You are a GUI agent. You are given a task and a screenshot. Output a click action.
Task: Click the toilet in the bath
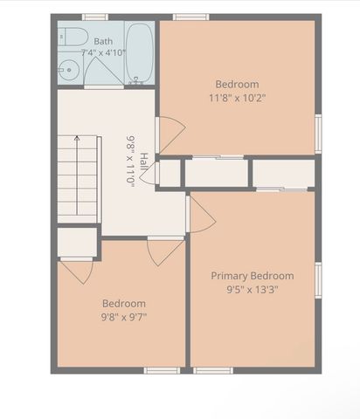click(73, 37)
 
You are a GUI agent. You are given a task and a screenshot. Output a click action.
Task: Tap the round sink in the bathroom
click(69, 70)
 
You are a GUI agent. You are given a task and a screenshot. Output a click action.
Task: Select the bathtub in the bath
click(140, 54)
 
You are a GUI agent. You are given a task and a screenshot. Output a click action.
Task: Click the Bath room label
click(103, 41)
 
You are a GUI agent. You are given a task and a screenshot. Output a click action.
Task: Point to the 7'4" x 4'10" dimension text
click(103, 53)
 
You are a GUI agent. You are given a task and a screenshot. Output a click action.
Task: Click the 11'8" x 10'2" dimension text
click(238, 98)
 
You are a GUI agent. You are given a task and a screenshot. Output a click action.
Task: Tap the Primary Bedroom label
click(253, 276)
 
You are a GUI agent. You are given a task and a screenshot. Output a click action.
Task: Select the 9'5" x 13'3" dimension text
click(253, 290)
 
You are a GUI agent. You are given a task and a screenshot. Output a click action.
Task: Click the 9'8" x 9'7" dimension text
click(124, 317)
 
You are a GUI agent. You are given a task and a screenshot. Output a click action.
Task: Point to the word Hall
click(144, 161)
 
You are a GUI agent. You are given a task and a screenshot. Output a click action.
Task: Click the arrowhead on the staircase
click(77, 138)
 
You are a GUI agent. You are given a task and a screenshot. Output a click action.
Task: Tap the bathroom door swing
click(104, 72)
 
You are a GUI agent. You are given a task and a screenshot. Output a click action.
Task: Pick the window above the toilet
click(94, 17)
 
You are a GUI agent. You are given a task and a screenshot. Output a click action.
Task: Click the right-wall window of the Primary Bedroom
click(318, 280)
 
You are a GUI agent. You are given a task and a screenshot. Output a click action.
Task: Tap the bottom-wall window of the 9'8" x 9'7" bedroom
click(162, 370)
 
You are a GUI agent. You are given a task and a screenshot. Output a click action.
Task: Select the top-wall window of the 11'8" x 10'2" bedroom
click(190, 17)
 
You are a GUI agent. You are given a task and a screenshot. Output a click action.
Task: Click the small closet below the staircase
click(77, 242)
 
